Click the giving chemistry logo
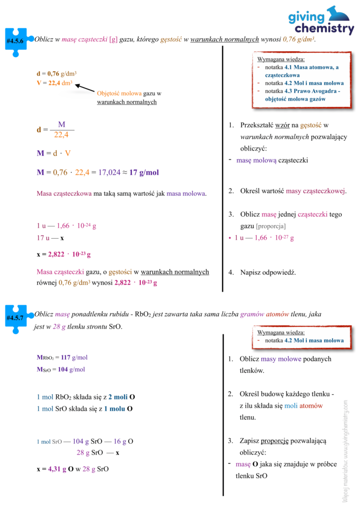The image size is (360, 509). click(321, 21)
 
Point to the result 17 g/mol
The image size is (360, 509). click(144, 172)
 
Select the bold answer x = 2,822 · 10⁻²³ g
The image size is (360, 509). click(64, 254)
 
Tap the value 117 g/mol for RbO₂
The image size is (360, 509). click(73, 357)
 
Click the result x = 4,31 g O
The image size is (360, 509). click(55, 469)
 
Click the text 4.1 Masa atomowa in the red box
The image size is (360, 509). click(309, 67)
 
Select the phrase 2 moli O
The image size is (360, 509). click(121, 397)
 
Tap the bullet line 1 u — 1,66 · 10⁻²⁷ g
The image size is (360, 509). click(264, 238)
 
